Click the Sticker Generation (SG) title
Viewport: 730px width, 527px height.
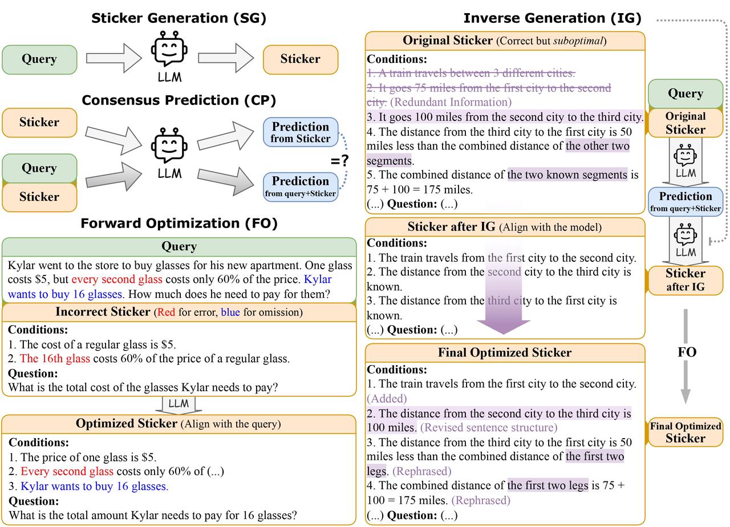(179, 18)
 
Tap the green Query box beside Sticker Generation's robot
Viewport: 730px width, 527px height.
(39, 59)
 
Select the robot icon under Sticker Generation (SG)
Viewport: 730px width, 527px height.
(169, 53)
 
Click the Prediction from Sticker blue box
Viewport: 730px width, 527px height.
(301, 132)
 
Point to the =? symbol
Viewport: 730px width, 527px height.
(339, 161)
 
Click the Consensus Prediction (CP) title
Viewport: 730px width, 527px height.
(179, 100)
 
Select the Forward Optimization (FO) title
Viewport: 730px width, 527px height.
(179, 224)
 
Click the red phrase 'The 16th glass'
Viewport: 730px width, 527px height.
(55, 359)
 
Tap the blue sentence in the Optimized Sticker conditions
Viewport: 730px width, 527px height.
(94, 487)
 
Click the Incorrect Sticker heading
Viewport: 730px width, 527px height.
(103, 312)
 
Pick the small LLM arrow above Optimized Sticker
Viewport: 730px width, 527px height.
(179, 404)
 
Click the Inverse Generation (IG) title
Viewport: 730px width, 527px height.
(552, 18)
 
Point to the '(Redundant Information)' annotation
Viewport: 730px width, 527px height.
(451, 102)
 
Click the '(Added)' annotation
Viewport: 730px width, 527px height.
(387, 399)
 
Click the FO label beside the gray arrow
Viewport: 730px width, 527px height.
(687, 352)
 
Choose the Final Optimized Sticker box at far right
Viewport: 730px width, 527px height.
(686, 433)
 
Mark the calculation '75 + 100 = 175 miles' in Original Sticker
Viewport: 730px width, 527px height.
(420, 189)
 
